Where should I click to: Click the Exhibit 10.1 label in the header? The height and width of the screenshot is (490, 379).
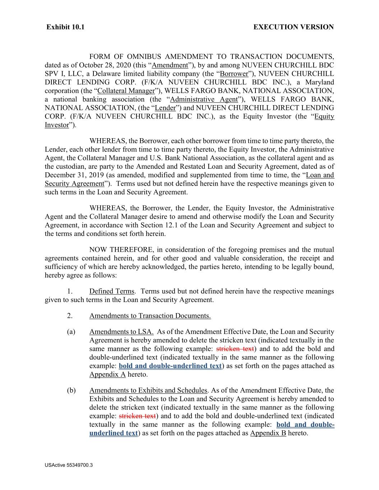click(x=65, y=27)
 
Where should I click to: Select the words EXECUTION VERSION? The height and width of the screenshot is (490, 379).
click(x=293, y=27)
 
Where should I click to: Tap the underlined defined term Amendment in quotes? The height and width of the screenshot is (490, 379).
click(x=170, y=65)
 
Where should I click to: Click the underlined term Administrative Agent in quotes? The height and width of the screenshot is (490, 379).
click(x=204, y=99)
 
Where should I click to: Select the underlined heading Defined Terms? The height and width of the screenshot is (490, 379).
click(x=111, y=291)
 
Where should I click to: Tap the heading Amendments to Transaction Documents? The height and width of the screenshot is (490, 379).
click(x=150, y=316)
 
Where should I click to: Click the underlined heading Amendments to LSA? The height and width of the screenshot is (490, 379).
click(x=121, y=332)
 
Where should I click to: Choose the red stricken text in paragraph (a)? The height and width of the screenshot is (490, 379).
click(x=235, y=349)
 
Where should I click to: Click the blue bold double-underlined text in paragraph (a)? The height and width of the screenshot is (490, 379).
click(x=170, y=366)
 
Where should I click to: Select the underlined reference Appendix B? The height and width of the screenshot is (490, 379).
click(x=268, y=433)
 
